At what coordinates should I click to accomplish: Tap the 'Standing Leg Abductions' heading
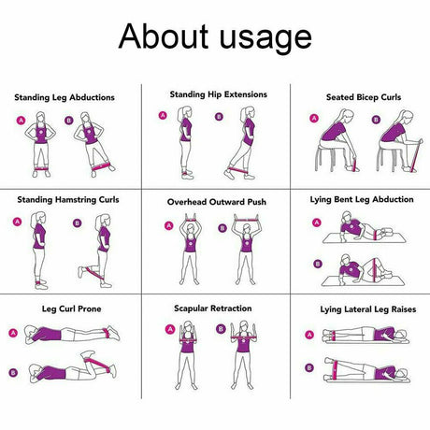pyautogui.click(x=64, y=97)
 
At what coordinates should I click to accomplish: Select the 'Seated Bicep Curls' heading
pyautogui.click(x=364, y=97)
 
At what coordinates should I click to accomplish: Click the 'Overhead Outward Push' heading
pyautogui.click(x=217, y=202)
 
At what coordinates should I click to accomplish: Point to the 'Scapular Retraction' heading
pyautogui.click(x=213, y=308)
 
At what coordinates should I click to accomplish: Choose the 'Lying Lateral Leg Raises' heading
pyautogui.click(x=368, y=309)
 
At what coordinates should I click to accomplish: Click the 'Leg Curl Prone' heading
pyautogui.click(x=72, y=309)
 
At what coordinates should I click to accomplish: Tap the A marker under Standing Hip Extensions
pyautogui.click(x=163, y=116)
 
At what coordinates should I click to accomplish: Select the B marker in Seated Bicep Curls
pyautogui.click(x=376, y=120)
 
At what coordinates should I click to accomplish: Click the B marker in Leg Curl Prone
pyautogui.click(x=13, y=373)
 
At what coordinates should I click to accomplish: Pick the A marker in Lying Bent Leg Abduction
pyautogui.click(x=317, y=222)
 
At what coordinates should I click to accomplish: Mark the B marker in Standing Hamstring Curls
pyautogui.click(x=78, y=223)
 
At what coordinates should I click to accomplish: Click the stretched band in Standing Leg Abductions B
pyautogui.click(x=101, y=166)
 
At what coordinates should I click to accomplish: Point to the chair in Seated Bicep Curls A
pyautogui.click(x=325, y=157)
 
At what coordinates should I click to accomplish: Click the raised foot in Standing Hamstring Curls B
pyautogui.click(x=81, y=272)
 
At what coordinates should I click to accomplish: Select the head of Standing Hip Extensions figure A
pyautogui.click(x=185, y=112)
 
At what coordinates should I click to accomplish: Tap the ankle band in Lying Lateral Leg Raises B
pyautogui.click(x=336, y=370)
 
